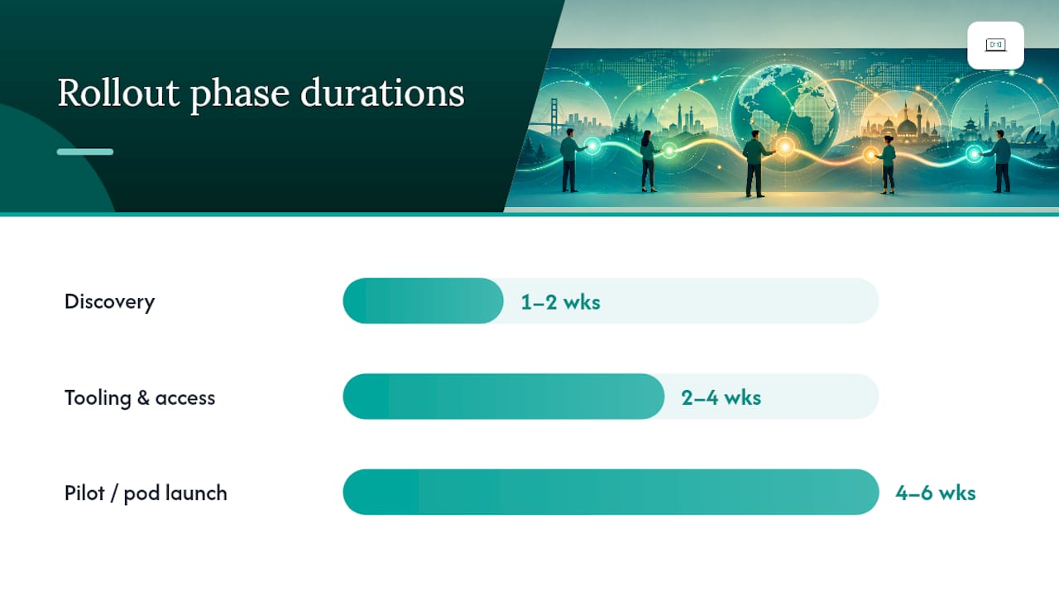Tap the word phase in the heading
tap(240, 95)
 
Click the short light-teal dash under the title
tap(85, 151)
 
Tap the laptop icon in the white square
tap(995, 45)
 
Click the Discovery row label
tap(110, 302)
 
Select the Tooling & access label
tap(140, 398)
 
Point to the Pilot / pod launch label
tap(146, 493)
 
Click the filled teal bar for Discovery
tap(423, 300)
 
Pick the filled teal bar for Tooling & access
tap(504, 397)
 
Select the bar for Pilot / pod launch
tap(611, 492)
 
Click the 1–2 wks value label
tap(561, 302)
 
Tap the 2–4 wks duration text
tap(721, 398)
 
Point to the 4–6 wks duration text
tap(936, 493)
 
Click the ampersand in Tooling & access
tap(143, 398)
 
